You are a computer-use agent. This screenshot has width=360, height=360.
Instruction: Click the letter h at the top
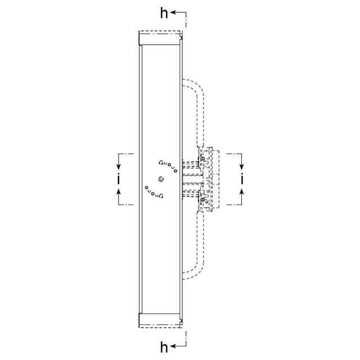click(x=164, y=13)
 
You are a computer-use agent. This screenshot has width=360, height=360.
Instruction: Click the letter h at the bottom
click(x=164, y=347)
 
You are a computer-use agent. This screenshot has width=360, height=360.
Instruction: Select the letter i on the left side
click(x=119, y=178)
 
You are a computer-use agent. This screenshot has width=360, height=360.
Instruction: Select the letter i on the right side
click(x=241, y=178)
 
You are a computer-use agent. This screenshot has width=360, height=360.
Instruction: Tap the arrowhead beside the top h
click(x=173, y=12)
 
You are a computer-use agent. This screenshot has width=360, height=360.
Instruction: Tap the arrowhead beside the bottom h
click(x=173, y=346)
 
